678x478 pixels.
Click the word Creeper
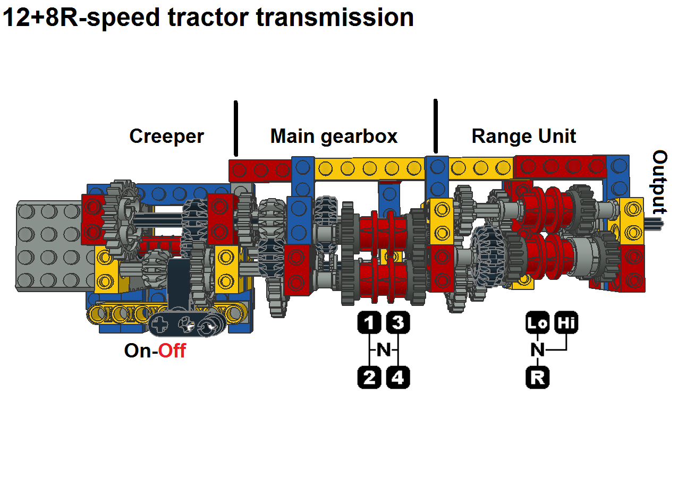(166, 136)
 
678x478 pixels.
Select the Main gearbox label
(334, 136)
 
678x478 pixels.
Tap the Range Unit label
(523, 136)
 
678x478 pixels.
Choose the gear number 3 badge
(398, 322)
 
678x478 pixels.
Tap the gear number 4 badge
(398, 378)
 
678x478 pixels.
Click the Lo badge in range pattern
(537, 322)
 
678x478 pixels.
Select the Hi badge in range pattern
(566, 322)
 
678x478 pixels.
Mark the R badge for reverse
(537, 378)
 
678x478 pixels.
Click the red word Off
(172, 351)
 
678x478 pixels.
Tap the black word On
(138, 351)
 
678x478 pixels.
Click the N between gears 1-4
(384, 350)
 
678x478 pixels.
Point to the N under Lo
(538, 350)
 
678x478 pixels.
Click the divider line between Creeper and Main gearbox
(236, 129)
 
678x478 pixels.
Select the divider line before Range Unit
(436, 126)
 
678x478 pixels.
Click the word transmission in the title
(335, 17)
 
